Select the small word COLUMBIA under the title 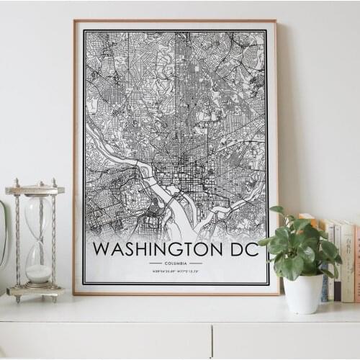click(176, 264)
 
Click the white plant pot click(303, 292)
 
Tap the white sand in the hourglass click(39, 273)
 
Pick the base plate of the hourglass click(36, 292)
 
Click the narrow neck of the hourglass click(38, 241)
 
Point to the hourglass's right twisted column click(54, 241)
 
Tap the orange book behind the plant click(310, 223)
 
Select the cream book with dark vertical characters click(346, 259)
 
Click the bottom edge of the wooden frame click(176, 292)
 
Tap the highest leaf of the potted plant click(276, 211)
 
